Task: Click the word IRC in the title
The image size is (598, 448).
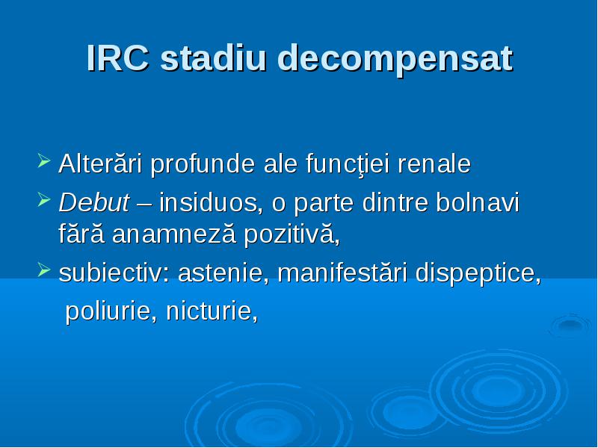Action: pos(118,58)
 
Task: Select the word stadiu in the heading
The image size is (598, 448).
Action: pos(213,58)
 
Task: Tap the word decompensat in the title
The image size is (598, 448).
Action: pos(395,60)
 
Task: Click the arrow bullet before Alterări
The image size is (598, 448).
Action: pos(44,161)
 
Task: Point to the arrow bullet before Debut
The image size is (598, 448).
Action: pos(44,199)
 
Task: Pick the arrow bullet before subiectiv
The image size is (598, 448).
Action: pos(44,270)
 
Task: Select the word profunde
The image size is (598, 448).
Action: pos(203,165)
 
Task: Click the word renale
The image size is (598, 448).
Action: pos(434,164)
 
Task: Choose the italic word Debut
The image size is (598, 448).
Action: pos(94,202)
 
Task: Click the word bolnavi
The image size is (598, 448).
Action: pos(478,202)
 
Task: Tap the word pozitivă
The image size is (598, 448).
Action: pos(292,234)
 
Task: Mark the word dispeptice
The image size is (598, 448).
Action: pos(478,274)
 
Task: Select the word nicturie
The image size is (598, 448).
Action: pos(212,311)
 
